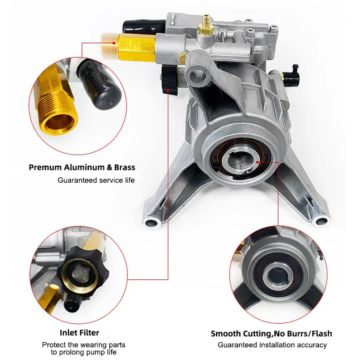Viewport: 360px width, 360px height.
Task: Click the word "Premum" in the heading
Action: point(45,167)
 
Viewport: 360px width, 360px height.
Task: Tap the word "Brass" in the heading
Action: point(124,167)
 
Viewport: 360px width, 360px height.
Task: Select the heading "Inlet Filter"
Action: point(79,333)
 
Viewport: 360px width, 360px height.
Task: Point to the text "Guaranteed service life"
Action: point(96,180)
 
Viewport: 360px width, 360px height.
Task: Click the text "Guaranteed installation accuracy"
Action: point(272,345)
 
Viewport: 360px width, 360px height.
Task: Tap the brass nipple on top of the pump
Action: point(206,24)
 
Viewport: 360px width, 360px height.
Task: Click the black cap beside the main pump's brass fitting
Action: point(144,27)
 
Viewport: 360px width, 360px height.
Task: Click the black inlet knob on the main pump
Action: point(170,80)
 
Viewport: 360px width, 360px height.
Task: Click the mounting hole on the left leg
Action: point(152,223)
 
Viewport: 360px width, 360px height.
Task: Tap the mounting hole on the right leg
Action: point(321,221)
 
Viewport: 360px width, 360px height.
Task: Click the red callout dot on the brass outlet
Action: point(114,43)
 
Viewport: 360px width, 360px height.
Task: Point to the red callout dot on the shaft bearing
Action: point(258,162)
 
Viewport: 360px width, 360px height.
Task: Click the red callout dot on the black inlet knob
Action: point(168,90)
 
